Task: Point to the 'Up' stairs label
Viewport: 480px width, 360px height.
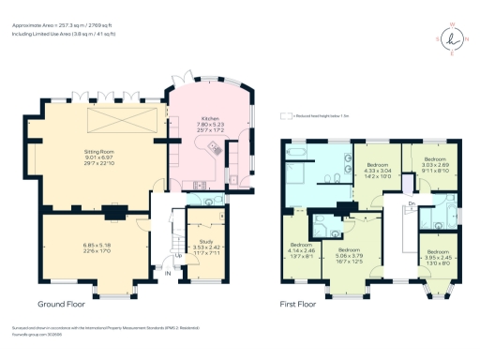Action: click(x=178, y=254)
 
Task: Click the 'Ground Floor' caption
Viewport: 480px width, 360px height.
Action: click(x=64, y=305)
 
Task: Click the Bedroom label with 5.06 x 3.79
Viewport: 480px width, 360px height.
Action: click(x=350, y=250)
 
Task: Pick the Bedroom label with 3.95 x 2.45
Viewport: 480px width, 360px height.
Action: click(x=438, y=252)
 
